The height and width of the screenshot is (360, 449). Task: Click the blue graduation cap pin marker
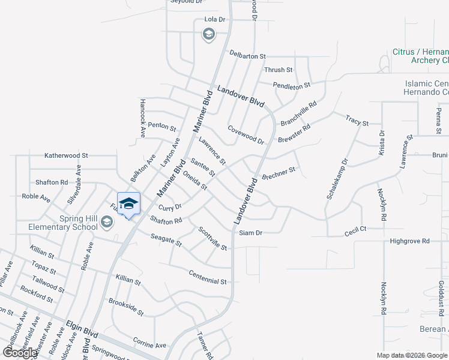[128, 204]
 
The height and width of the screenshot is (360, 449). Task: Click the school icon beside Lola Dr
[209, 34]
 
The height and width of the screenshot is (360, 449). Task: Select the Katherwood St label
[66, 155]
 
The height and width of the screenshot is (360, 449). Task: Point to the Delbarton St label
[247, 56]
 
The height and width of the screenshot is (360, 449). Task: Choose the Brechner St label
[279, 174]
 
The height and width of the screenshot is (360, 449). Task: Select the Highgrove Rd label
[410, 241]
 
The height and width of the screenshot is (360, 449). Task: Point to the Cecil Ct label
[355, 229]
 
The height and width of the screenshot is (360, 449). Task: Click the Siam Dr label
[250, 233]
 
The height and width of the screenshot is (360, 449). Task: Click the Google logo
[19, 353]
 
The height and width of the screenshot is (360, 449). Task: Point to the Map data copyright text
[412, 355]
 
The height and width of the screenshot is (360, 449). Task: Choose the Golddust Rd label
[440, 297]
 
